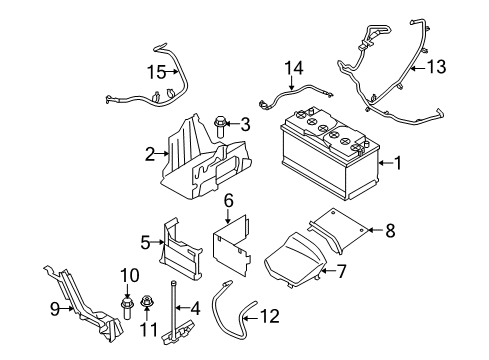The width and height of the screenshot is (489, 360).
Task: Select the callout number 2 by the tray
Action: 149,154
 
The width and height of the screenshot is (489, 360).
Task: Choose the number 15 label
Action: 156,72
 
